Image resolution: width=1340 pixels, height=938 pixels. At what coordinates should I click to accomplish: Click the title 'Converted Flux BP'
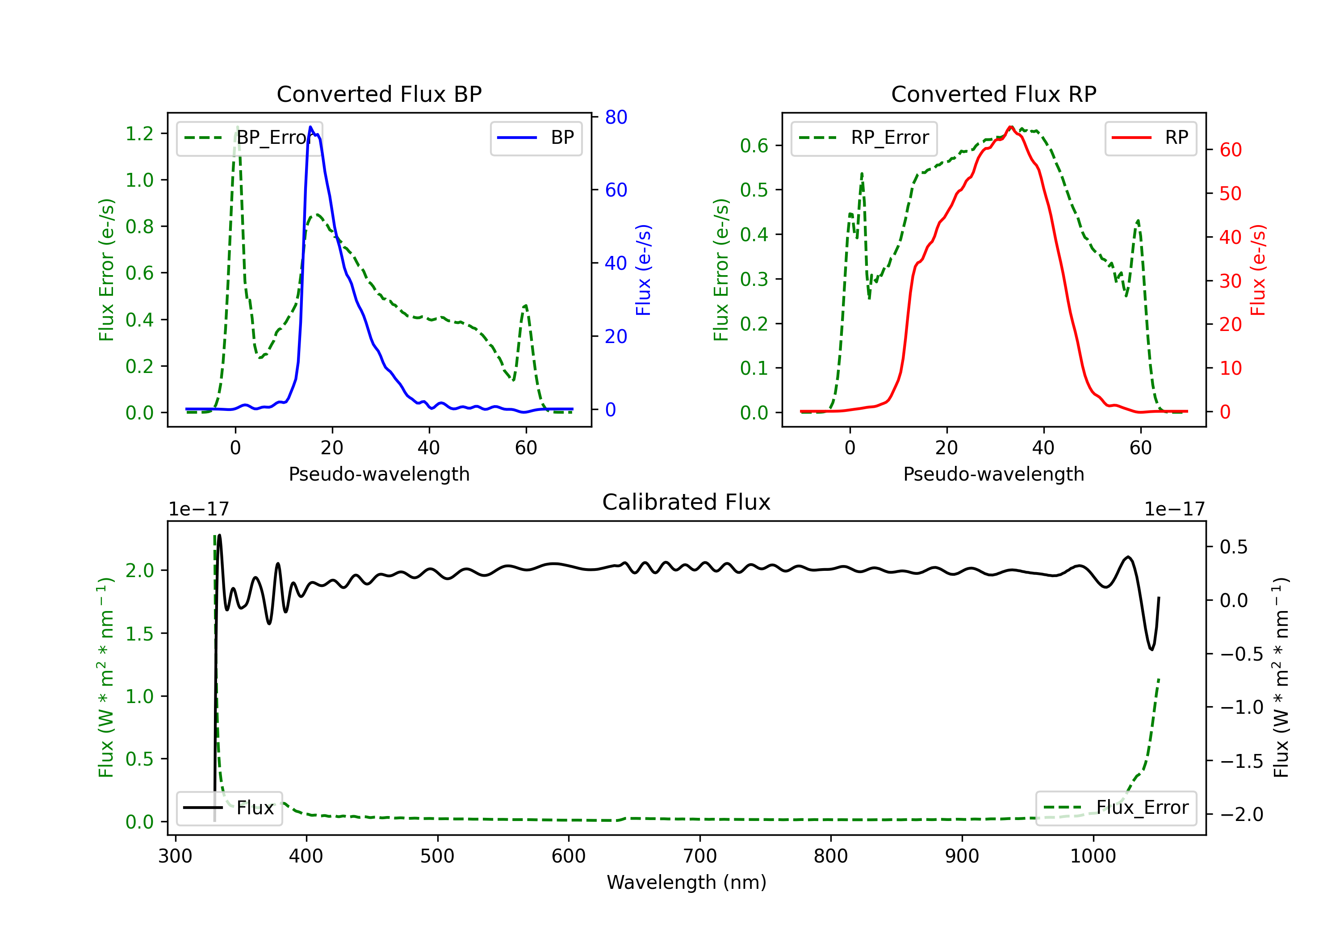tap(379, 94)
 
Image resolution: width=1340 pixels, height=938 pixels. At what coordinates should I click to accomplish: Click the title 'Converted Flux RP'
tap(993, 94)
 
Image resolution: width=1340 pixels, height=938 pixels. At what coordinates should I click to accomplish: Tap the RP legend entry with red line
tap(1150, 138)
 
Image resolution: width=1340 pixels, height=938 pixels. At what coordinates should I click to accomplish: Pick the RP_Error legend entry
tap(864, 138)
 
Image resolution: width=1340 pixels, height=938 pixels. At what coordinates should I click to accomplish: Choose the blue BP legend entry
tap(536, 138)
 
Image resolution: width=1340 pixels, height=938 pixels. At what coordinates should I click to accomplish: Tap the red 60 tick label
tap(1230, 150)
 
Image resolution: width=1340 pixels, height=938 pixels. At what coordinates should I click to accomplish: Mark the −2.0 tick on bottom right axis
tap(1241, 814)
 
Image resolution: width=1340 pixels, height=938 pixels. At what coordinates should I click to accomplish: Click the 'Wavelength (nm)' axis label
tap(687, 882)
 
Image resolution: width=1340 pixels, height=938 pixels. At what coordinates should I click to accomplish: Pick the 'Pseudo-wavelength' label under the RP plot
tap(993, 474)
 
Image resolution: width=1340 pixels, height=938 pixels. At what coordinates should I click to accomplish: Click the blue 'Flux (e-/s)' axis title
tap(643, 270)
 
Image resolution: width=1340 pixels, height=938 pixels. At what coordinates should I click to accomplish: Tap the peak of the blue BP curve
tap(310, 127)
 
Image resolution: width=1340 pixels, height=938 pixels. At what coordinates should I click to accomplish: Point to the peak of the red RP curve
tap(1010, 127)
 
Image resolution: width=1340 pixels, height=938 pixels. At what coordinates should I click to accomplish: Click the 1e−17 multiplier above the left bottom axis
tap(198, 509)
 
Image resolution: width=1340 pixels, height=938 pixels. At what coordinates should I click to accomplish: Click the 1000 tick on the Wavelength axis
tap(1093, 856)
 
